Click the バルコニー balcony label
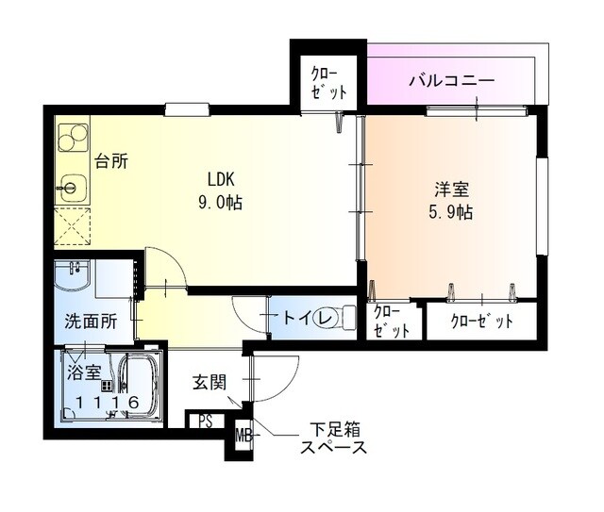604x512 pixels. point(451,81)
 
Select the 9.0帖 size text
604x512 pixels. point(221,202)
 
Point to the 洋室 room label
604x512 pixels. point(449,189)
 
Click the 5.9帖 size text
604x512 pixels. point(449,212)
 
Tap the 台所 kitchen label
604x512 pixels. point(111,160)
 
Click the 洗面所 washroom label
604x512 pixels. point(91,321)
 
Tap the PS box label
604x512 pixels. point(205,421)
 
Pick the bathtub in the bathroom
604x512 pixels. point(140,385)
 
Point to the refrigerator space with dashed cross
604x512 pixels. point(71,226)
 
